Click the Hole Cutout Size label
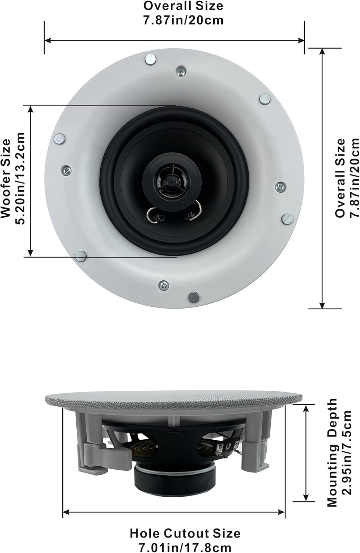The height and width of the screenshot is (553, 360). point(185,533)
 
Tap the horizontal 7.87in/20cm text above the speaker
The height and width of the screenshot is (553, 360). point(183,20)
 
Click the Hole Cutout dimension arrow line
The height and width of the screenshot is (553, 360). point(174,512)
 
